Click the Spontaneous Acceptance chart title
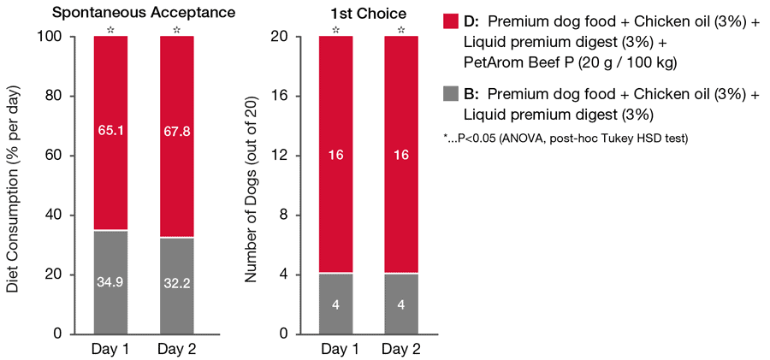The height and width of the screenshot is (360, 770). pyautogui.click(x=143, y=12)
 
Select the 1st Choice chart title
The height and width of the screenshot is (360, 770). pyautogui.click(x=368, y=12)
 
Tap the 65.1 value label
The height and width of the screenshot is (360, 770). pyautogui.click(x=110, y=130)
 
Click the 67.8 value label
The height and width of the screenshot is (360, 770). pyautogui.click(x=176, y=130)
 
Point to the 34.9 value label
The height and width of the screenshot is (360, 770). pyautogui.click(x=110, y=280)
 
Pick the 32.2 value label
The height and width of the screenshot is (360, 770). pyautogui.click(x=176, y=280)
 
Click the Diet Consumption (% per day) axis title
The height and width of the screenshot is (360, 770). pyautogui.click(x=12, y=185)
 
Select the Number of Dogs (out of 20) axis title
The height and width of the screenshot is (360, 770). pyautogui.click(x=252, y=185)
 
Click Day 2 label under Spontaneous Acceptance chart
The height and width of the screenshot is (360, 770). pyautogui.click(x=176, y=350)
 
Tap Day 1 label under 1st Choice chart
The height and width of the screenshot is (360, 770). pyautogui.click(x=336, y=350)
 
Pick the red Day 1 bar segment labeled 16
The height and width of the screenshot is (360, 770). pyautogui.click(x=336, y=154)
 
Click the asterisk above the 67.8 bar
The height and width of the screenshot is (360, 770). pyautogui.click(x=176, y=30)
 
